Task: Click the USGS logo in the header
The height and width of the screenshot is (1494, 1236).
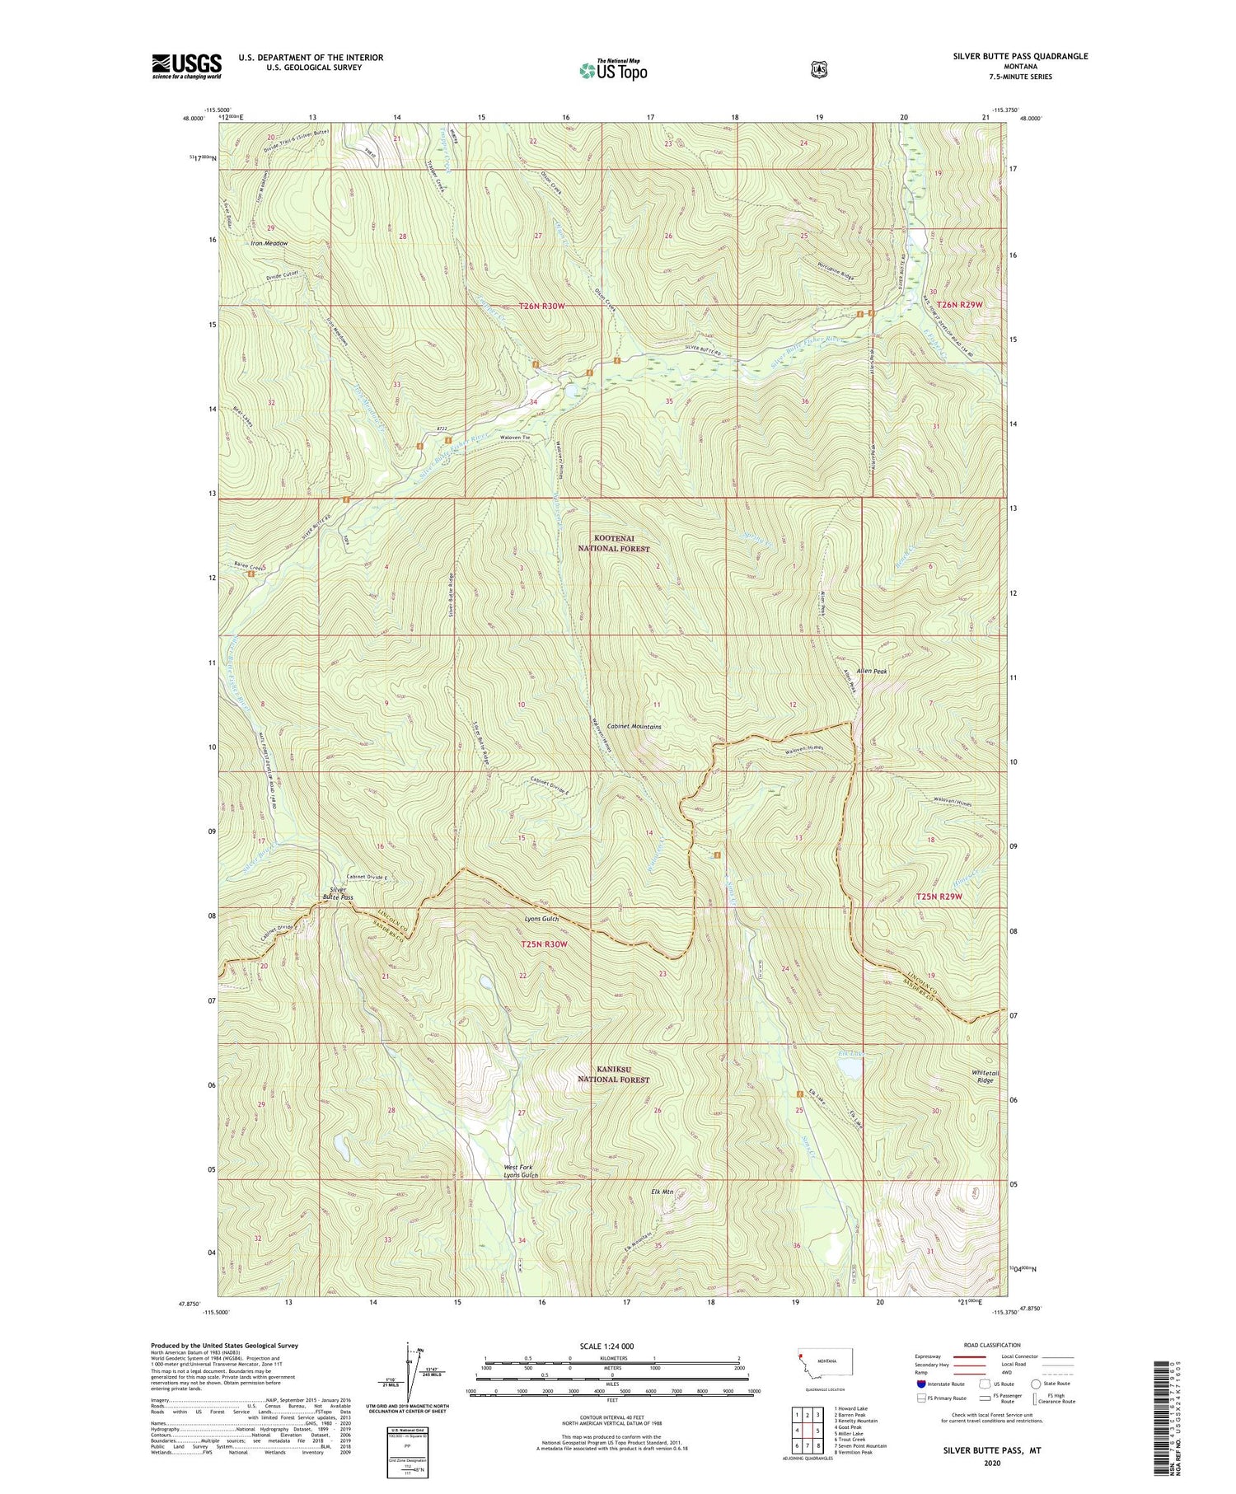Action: click(x=186, y=66)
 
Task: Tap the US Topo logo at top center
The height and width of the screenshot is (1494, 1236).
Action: click(x=613, y=70)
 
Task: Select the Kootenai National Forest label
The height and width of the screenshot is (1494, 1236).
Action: click(x=613, y=543)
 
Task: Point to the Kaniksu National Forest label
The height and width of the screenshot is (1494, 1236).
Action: click(x=613, y=1075)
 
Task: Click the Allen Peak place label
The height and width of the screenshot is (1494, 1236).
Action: click(x=872, y=672)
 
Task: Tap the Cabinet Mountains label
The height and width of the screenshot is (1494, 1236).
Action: click(x=634, y=727)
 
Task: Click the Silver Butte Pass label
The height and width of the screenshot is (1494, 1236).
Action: click(x=338, y=893)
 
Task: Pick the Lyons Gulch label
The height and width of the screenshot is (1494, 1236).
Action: click(x=541, y=919)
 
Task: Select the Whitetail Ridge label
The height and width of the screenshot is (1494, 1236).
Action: click(x=986, y=1076)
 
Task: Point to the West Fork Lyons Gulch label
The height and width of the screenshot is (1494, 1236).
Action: click(x=521, y=1171)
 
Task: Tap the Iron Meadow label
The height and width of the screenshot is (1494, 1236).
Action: click(x=269, y=244)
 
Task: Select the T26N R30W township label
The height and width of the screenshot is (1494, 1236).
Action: click(x=542, y=307)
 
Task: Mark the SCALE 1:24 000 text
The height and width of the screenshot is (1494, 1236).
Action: click(x=611, y=1346)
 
